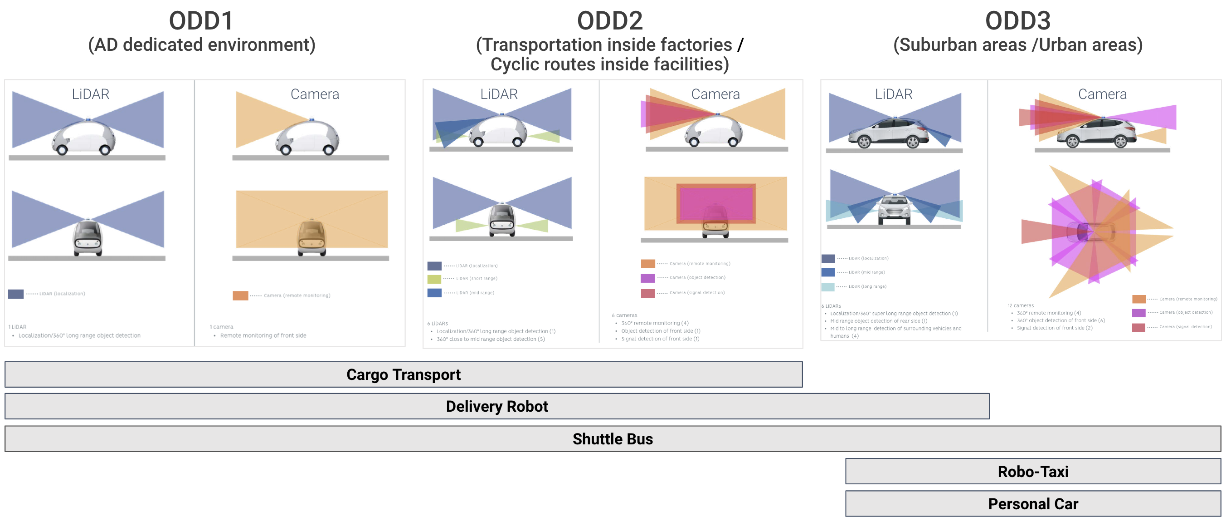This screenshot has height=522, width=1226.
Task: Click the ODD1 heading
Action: (x=201, y=21)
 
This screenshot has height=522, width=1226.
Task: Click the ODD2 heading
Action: (x=609, y=21)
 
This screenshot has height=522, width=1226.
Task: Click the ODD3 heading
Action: (x=1017, y=21)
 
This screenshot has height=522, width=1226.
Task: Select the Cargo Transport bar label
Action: (x=403, y=374)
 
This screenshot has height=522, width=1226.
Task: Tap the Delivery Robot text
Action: (x=496, y=406)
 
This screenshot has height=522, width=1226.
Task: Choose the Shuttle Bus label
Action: (x=612, y=438)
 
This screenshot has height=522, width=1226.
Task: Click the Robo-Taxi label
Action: (x=1033, y=472)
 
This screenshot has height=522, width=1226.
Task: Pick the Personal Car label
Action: (x=1033, y=504)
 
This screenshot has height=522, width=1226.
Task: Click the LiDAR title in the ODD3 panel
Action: (x=893, y=94)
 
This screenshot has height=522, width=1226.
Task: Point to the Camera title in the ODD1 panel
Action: (x=315, y=94)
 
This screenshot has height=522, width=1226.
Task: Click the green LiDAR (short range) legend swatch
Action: (x=434, y=279)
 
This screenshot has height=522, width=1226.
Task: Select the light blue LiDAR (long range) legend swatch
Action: (x=827, y=287)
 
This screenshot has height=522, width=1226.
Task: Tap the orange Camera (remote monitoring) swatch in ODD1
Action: (x=240, y=296)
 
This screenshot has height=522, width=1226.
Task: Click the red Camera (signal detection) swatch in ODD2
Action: (x=647, y=293)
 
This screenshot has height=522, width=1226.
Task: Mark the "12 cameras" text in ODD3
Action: (x=1021, y=305)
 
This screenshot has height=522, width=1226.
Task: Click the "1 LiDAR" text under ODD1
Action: (x=17, y=327)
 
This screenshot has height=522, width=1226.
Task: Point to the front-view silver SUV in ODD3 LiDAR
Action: (x=894, y=210)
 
